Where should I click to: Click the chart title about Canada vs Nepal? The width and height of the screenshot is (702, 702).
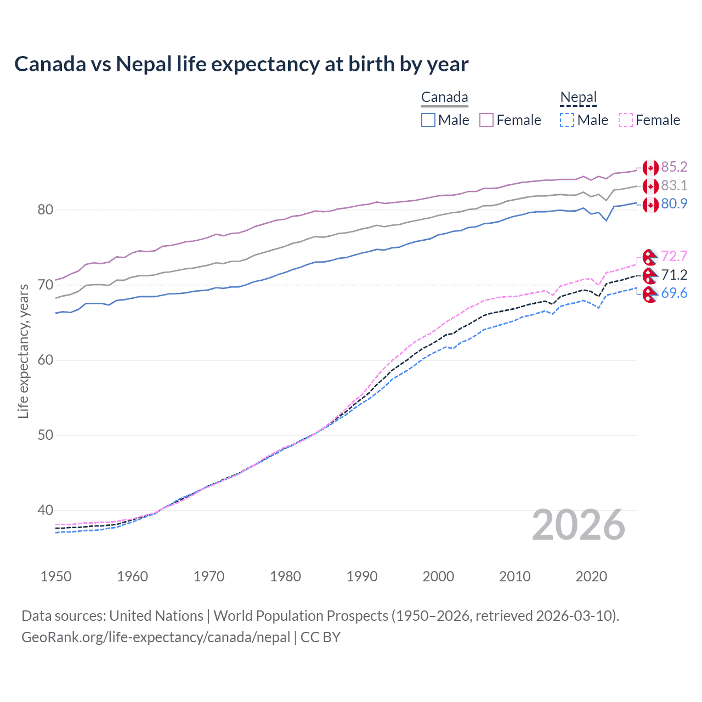[x=241, y=64]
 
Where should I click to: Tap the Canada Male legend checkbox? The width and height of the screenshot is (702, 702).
[x=428, y=120]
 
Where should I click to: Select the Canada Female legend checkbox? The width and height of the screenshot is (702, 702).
[x=486, y=120]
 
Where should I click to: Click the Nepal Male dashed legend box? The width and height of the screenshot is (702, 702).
[x=567, y=120]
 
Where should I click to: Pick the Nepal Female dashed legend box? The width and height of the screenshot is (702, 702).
[x=625, y=120]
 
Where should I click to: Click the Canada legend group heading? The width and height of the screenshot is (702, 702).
[x=444, y=98]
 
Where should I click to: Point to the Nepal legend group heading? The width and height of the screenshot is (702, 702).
[x=578, y=98]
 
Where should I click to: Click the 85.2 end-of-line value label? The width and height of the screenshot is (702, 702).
[x=674, y=167]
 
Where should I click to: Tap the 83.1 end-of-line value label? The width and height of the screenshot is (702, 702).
[x=674, y=185]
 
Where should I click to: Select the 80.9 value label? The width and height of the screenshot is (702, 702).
[x=674, y=203]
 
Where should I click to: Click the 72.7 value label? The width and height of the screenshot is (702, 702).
[x=674, y=256]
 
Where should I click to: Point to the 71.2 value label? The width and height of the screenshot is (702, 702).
[x=674, y=275]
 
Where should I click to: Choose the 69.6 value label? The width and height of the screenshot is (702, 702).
[x=674, y=293]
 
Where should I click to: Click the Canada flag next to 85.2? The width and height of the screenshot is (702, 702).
[x=650, y=168]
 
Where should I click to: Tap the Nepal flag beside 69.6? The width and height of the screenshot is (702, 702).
[x=650, y=294]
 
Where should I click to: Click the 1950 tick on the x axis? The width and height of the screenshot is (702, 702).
[x=56, y=576]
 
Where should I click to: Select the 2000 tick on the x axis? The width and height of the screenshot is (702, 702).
[x=438, y=576]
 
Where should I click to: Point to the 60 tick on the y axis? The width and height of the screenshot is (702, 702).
[x=46, y=360]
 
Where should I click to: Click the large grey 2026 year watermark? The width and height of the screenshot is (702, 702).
[x=579, y=525]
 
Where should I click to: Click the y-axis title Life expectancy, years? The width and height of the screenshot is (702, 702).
[x=23, y=351]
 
